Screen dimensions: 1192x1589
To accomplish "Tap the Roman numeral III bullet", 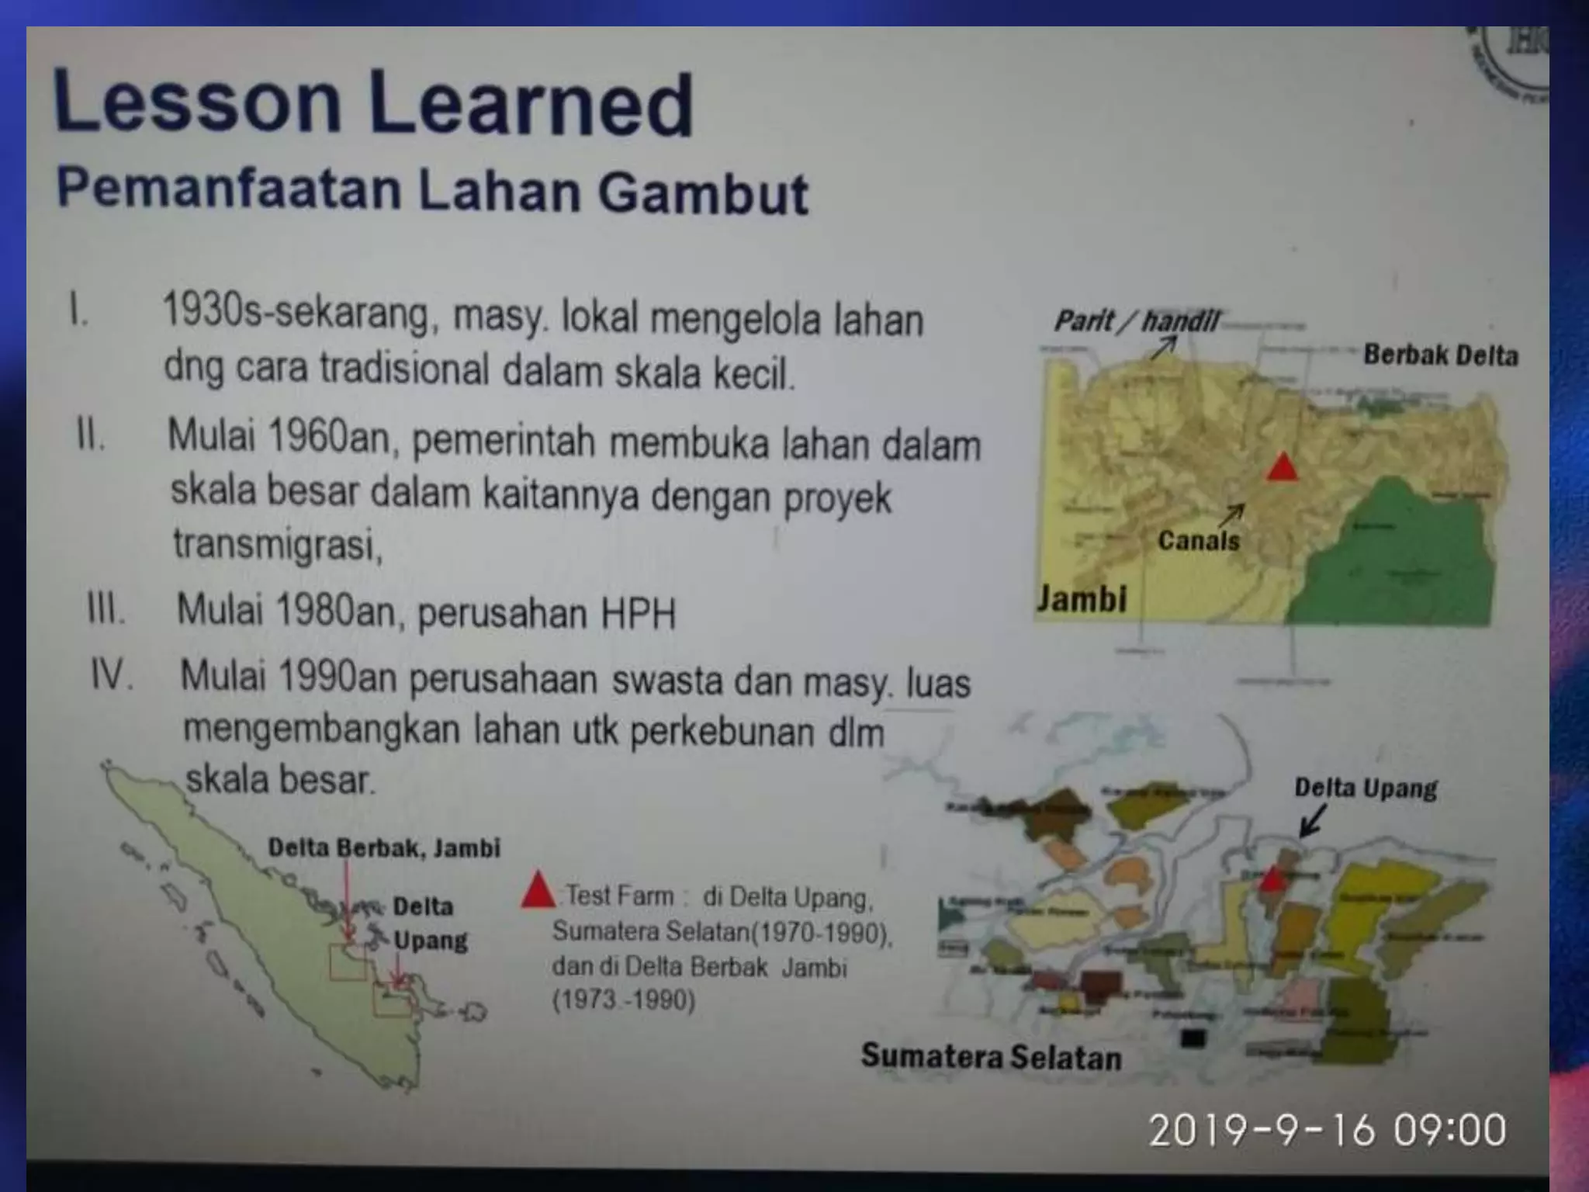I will (x=106, y=609).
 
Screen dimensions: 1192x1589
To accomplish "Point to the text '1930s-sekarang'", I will (x=295, y=314).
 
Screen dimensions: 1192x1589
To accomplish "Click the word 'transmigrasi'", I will (x=277, y=544).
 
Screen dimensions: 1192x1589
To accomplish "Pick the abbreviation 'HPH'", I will (x=638, y=614).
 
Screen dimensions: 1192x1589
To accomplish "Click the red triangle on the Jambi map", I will (x=1282, y=467).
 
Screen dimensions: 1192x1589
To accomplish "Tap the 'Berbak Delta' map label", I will (x=1440, y=355).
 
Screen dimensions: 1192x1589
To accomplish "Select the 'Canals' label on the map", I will (x=1198, y=540).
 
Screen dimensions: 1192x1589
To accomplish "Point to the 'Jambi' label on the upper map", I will (x=1082, y=599).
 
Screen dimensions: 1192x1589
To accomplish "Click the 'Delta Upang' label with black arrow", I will (x=1365, y=788).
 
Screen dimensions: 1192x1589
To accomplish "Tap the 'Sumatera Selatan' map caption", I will (x=991, y=1057).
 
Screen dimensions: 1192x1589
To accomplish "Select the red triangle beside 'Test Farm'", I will (x=538, y=892).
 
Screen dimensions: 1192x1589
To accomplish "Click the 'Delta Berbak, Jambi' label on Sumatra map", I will (x=384, y=847).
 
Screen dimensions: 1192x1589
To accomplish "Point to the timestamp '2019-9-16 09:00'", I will (x=1327, y=1130).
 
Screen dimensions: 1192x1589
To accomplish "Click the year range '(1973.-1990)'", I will (x=623, y=1000).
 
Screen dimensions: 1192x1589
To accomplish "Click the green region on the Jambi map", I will (x=1397, y=559).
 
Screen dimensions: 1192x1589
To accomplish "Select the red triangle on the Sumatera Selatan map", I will (x=1270, y=878).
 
